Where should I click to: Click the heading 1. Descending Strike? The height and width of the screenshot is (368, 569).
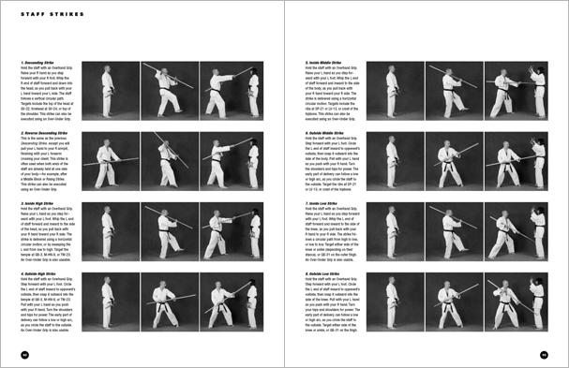pos(40,63)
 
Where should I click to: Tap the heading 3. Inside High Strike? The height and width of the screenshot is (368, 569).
pos(41,201)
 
